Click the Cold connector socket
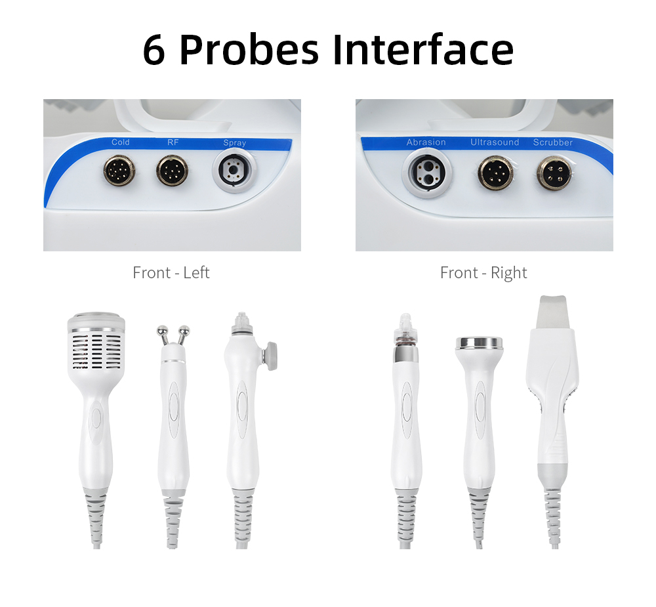[x=119, y=171]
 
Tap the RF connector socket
[x=172, y=171]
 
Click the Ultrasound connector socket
[x=495, y=173]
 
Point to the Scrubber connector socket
[x=554, y=173]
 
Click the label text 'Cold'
[x=121, y=142]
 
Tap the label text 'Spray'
[x=235, y=143]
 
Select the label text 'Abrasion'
[x=426, y=142]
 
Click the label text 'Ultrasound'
[x=495, y=142]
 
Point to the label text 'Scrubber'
[x=552, y=142]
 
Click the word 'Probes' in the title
[x=249, y=50]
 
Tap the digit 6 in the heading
[x=154, y=50]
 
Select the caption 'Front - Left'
[x=171, y=272]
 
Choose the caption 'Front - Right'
[x=483, y=272]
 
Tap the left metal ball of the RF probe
[x=162, y=331]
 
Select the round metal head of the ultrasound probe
[x=480, y=343]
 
